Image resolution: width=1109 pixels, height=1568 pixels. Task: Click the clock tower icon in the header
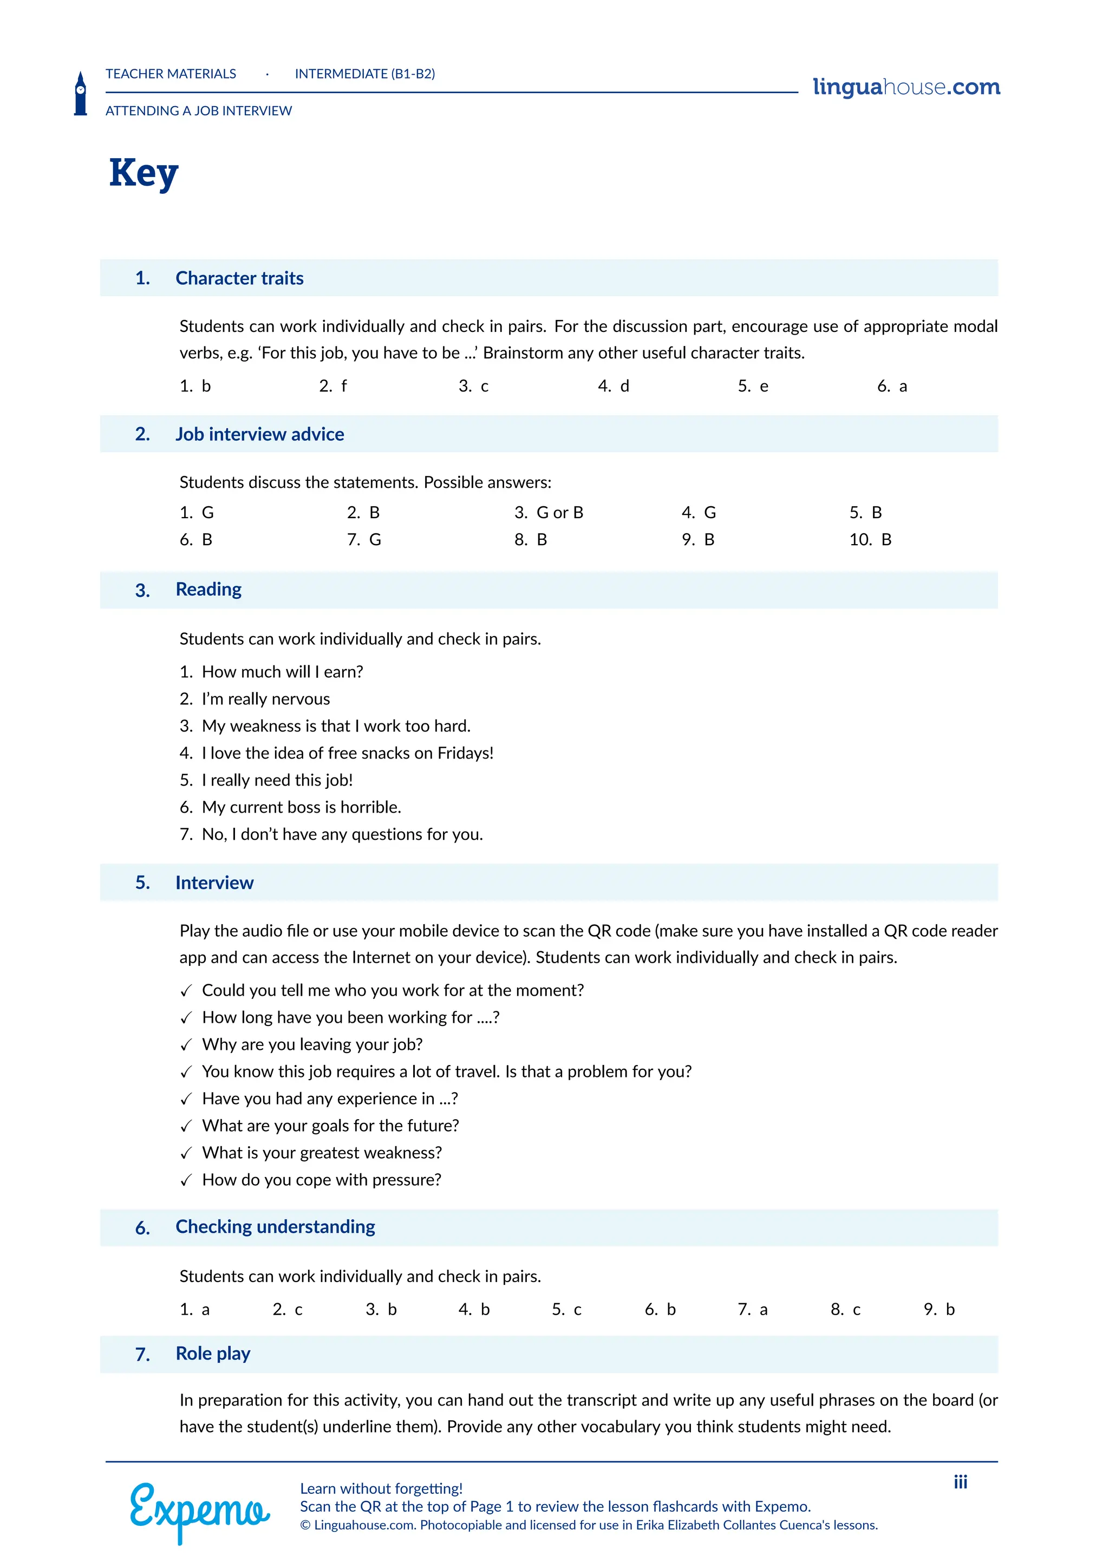(x=81, y=94)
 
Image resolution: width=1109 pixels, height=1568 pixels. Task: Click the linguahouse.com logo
(x=905, y=87)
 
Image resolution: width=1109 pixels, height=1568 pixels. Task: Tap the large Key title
(x=143, y=173)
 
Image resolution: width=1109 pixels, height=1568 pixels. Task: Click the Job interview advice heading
(x=259, y=434)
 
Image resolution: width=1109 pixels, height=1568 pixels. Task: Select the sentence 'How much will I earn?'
(x=282, y=672)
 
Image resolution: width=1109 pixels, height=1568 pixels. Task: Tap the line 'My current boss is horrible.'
(x=301, y=807)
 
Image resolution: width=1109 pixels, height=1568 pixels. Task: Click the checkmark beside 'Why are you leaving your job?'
(x=186, y=1046)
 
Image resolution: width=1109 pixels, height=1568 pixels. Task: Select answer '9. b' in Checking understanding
(x=939, y=1309)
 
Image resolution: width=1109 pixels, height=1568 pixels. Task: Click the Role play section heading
(x=213, y=1354)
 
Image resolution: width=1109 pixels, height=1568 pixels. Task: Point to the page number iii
(x=960, y=1482)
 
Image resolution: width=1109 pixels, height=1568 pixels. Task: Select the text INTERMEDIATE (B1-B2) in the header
(x=364, y=74)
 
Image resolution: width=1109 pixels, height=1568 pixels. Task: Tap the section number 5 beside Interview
(x=142, y=883)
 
